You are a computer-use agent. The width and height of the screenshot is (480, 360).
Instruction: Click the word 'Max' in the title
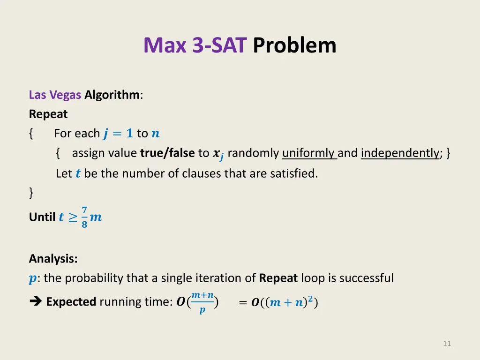[166, 45]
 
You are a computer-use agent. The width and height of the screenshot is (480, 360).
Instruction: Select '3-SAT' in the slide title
[219, 45]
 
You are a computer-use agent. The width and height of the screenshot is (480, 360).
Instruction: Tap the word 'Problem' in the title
[294, 45]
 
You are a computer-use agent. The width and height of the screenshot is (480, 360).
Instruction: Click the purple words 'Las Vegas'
[55, 95]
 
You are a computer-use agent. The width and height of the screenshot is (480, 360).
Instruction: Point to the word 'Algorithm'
[112, 95]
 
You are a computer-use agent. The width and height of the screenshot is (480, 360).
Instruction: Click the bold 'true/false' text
[167, 153]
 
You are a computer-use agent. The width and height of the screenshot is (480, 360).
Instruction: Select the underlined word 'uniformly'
[309, 153]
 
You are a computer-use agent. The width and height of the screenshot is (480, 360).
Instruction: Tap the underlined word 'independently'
[400, 153]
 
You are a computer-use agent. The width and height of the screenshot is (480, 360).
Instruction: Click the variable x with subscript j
[217, 154]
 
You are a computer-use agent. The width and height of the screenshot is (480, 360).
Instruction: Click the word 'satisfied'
[294, 173]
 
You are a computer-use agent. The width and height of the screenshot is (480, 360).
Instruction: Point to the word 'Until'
[42, 217]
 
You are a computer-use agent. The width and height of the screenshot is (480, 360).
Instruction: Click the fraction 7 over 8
[84, 217]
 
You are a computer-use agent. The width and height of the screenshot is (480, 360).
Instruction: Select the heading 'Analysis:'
[53, 259]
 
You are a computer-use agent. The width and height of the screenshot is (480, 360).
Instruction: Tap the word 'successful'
[367, 278]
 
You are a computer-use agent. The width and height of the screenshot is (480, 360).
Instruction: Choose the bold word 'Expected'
[71, 302]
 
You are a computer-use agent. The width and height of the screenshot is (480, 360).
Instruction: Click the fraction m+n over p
[202, 302]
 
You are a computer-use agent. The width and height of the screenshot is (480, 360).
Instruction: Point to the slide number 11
[447, 344]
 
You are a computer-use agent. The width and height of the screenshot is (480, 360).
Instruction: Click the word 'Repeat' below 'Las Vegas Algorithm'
[48, 114]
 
